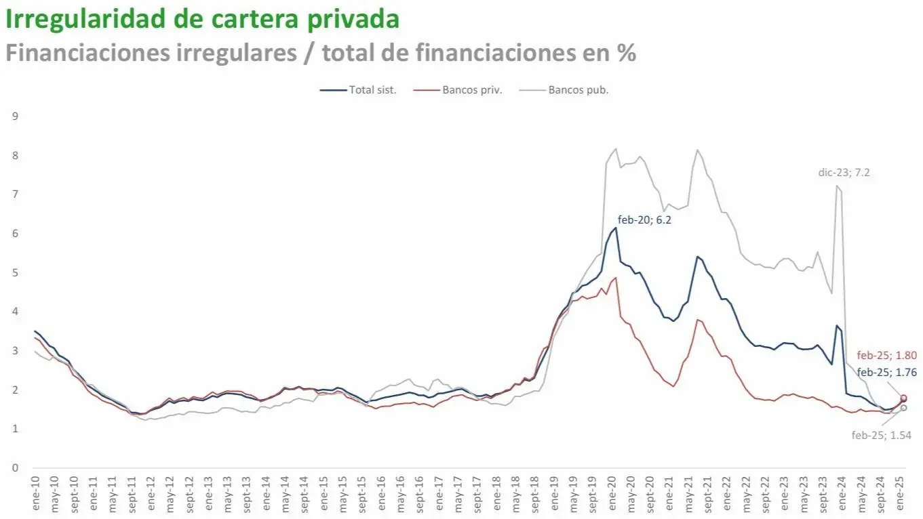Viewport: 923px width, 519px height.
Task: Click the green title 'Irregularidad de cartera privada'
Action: tap(202, 19)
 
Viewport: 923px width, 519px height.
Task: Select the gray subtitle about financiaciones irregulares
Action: tap(320, 53)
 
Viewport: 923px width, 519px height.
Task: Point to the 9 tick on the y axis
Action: tap(15, 117)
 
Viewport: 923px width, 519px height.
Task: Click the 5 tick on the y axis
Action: tap(15, 273)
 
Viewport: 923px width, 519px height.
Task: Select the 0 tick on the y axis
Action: tap(15, 468)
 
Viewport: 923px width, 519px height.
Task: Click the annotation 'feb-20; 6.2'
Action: tap(644, 220)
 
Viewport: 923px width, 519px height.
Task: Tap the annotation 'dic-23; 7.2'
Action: tap(844, 172)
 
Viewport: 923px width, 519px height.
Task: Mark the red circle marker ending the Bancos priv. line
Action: tap(903, 398)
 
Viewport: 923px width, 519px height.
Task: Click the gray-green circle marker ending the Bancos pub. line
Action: tap(903, 408)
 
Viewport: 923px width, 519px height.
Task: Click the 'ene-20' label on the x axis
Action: tap(612, 493)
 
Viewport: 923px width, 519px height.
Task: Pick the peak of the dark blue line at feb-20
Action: tap(615, 228)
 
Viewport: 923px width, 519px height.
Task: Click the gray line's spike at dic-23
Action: tap(838, 186)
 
